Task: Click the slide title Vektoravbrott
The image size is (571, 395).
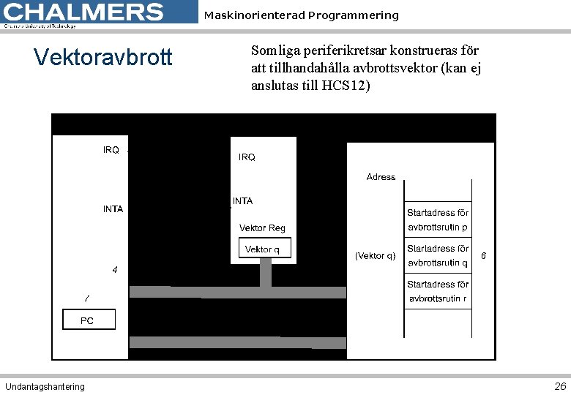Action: click(x=103, y=57)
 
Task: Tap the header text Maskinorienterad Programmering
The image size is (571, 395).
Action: click(x=301, y=15)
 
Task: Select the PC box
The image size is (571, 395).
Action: click(x=88, y=320)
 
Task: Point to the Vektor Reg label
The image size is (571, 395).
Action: click(x=262, y=228)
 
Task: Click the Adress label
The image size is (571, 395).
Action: click(x=381, y=177)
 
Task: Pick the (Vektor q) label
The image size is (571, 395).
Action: click(x=375, y=256)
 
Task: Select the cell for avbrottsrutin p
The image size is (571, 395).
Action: click(x=438, y=220)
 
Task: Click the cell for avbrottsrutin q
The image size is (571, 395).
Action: click(x=438, y=256)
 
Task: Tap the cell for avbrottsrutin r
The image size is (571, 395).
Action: click(x=438, y=291)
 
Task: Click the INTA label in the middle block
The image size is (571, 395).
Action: click(x=243, y=201)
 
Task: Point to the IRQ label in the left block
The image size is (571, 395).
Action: click(x=111, y=150)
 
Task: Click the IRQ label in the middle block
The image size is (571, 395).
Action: click(x=247, y=157)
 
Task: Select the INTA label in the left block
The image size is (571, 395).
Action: click(x=113, y=209)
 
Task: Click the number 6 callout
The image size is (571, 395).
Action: click(x=484, y=256)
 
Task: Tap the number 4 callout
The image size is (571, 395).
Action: click(x=114, y=270)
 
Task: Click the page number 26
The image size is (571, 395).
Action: click(x=560, y=386)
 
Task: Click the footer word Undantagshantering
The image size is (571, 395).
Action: click(x=45, y=386)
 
